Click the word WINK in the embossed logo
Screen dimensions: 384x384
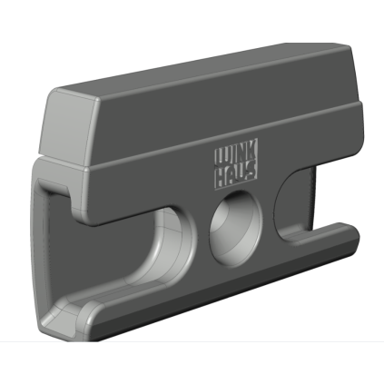coord(236,153)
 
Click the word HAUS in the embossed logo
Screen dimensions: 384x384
coord(236,175)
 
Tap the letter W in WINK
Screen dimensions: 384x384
coord(222,156)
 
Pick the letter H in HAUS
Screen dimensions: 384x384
coord(220,178)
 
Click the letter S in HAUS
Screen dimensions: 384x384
coord(252,170)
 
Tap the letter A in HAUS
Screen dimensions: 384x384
coord(231,176)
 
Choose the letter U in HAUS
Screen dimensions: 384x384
coord(241,173)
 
